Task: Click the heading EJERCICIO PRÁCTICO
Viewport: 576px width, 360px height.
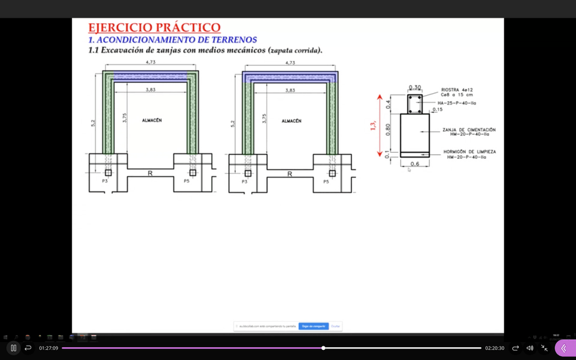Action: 154,28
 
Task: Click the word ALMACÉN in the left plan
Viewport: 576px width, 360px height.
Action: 151,120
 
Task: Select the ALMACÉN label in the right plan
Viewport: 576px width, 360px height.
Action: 291,121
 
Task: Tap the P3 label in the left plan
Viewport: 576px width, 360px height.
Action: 105,181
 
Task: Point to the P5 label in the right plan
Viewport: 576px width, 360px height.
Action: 326,181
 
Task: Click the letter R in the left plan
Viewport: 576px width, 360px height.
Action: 150,174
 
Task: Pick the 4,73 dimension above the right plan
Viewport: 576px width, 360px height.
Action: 290,62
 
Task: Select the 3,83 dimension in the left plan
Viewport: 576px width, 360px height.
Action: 150,90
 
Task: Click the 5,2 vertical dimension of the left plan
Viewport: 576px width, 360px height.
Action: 93,123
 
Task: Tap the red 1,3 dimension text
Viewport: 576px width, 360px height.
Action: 373,126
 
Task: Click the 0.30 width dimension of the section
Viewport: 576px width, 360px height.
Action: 414,88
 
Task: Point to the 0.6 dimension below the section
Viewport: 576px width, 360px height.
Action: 414,164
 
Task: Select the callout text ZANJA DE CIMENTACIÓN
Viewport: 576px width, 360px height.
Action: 469,130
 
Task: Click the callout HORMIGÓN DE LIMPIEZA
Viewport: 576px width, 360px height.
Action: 469,151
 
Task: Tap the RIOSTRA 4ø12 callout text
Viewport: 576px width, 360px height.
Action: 456,90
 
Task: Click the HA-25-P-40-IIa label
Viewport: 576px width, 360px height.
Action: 456,103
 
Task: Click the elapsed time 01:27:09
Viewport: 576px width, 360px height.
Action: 48,348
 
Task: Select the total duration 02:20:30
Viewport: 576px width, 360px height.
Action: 494,348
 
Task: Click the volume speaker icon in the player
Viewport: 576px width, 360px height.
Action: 530,348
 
